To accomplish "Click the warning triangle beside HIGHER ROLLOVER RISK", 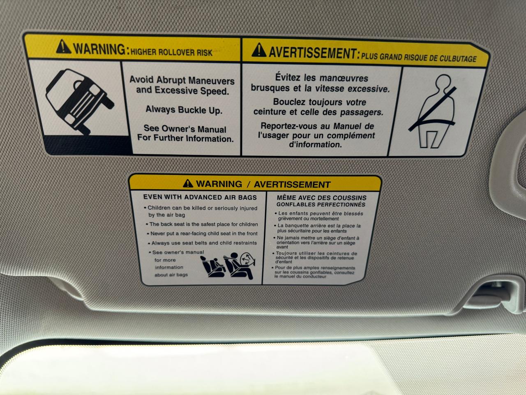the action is tap(63, 46).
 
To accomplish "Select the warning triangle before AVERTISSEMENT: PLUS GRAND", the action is tap(259, 50).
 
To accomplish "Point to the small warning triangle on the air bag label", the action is tap(188, 183).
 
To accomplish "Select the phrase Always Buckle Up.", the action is tap(184, 110).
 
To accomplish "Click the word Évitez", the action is tap(288, 77).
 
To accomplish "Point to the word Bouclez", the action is tap(289, 102).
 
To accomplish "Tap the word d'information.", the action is tap(315, 144).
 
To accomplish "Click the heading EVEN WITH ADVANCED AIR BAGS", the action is tap(200, 197).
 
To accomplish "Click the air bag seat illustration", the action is tap(228, 266).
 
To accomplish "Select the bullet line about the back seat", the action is tap(202, 224).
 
